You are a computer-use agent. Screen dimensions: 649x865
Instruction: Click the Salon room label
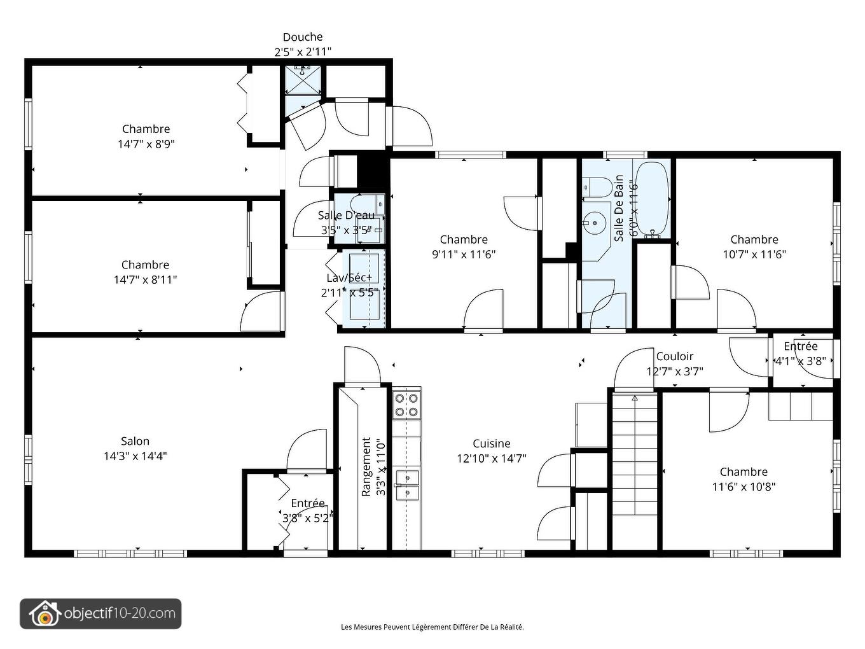tap(135, 441)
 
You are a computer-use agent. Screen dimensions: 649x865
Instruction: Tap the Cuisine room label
tap(491, 443)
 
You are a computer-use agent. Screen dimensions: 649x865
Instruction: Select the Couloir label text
tap(674, 356)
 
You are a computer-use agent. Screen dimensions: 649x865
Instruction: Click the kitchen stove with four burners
tap(406, 405)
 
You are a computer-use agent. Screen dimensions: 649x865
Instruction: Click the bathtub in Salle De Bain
tap(652, 199)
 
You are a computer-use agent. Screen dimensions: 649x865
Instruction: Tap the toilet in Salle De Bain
tap(597, 187)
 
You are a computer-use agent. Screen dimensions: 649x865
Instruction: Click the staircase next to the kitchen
tap(633, 471)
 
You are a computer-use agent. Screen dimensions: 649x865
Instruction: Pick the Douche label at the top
tap(303, 37)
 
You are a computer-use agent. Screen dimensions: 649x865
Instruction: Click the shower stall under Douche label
tap(303, 79)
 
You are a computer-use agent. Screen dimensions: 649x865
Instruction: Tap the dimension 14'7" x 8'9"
tap(146, 144)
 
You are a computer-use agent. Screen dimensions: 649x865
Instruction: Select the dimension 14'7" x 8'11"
tap(145, 280)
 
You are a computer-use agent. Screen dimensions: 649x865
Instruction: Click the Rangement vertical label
tap(366, 466)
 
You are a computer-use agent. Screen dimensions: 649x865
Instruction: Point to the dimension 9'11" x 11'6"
tap(464, 255)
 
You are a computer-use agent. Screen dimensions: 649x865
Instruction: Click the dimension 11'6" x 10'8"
tap(744, 487)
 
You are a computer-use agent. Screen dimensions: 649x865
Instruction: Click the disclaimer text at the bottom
tap(432, 627)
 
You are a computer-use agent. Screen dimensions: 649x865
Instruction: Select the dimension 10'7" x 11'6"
tap(754, 255)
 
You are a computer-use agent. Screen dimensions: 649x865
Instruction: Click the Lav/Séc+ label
tap(349, 278)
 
